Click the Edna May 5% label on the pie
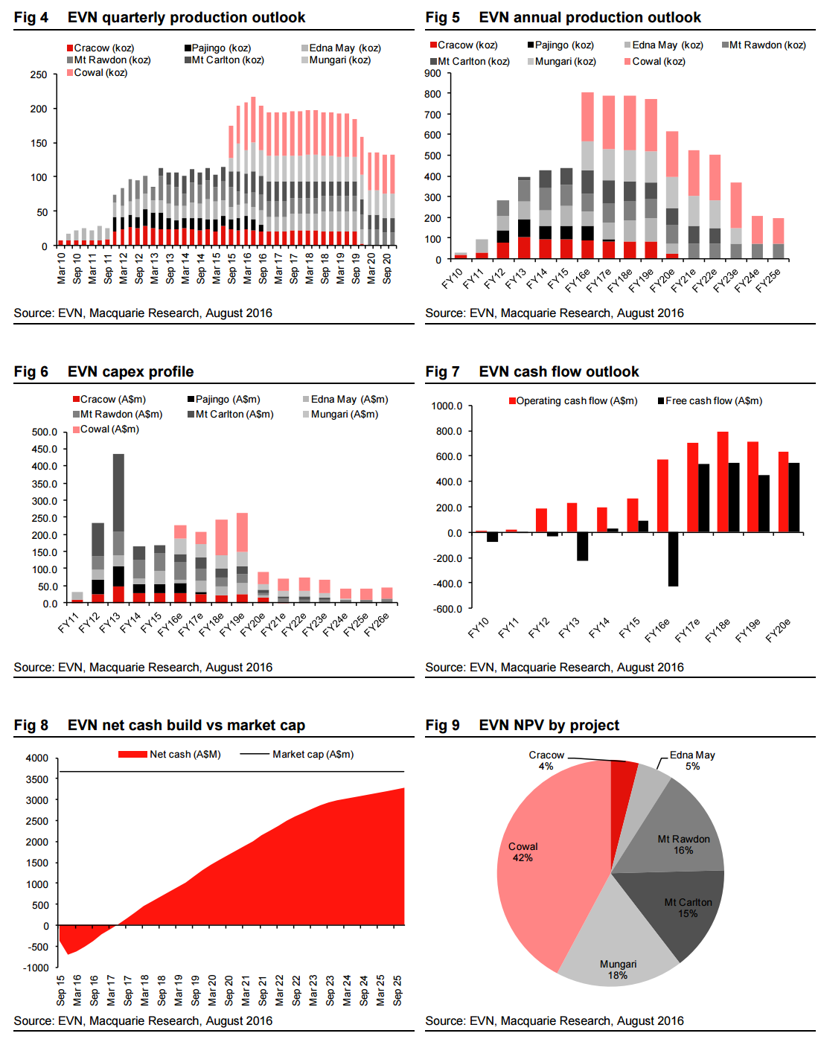point(692,760)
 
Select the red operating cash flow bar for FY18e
point(723,482)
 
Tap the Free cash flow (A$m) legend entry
point(710,401)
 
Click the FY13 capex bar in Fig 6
point(118,528)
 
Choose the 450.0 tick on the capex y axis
point(45,449)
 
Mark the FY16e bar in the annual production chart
point(587,176)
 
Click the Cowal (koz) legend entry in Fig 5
point(655,62)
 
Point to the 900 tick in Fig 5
point(432,73)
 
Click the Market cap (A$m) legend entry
point(312,755)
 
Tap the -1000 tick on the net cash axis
point(36,968)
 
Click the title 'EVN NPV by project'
point(549,725)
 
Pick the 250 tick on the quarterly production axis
point(39,74)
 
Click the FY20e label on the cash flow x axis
point(779,630)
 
